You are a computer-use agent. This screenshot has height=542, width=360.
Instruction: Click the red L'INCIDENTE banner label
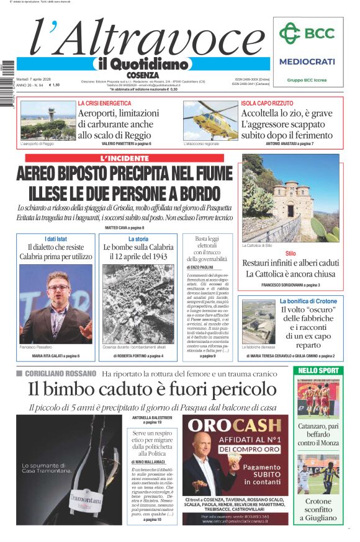[125, 158]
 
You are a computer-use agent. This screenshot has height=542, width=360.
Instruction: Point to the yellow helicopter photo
[210, 120]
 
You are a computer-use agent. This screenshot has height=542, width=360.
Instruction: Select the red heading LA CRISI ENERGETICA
[104, 103]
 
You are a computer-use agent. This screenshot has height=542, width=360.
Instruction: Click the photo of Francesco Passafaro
[55, 304]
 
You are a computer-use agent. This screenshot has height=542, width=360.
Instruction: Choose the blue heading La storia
[138, 239]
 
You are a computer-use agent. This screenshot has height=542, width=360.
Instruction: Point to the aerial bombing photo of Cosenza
[138, 304]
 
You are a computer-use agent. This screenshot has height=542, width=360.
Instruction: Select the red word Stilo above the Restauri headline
[290, 254]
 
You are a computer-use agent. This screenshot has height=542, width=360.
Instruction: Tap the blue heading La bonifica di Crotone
[308, 301]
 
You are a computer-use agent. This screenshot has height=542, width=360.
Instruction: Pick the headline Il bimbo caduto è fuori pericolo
[152, 389]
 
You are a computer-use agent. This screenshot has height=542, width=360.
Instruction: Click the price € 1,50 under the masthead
[54, 86]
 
